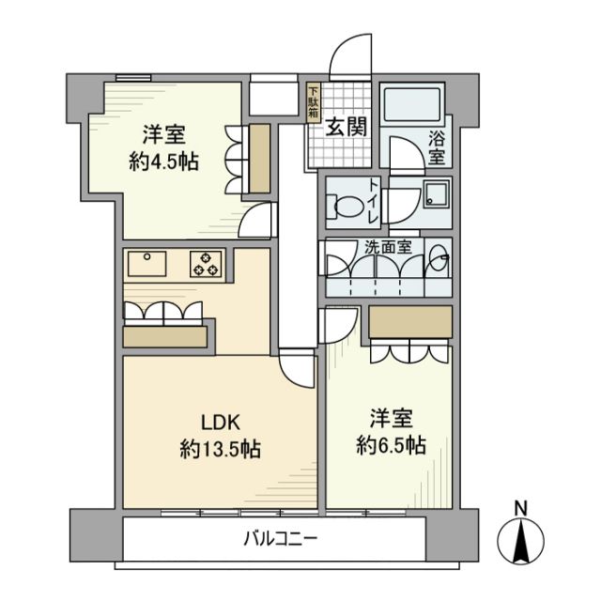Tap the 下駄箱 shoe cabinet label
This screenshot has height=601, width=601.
314,102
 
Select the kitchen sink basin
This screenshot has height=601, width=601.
148,264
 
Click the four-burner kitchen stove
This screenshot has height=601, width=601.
208,265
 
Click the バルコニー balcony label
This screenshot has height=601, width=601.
281,539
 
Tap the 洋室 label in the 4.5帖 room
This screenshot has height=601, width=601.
162,132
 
